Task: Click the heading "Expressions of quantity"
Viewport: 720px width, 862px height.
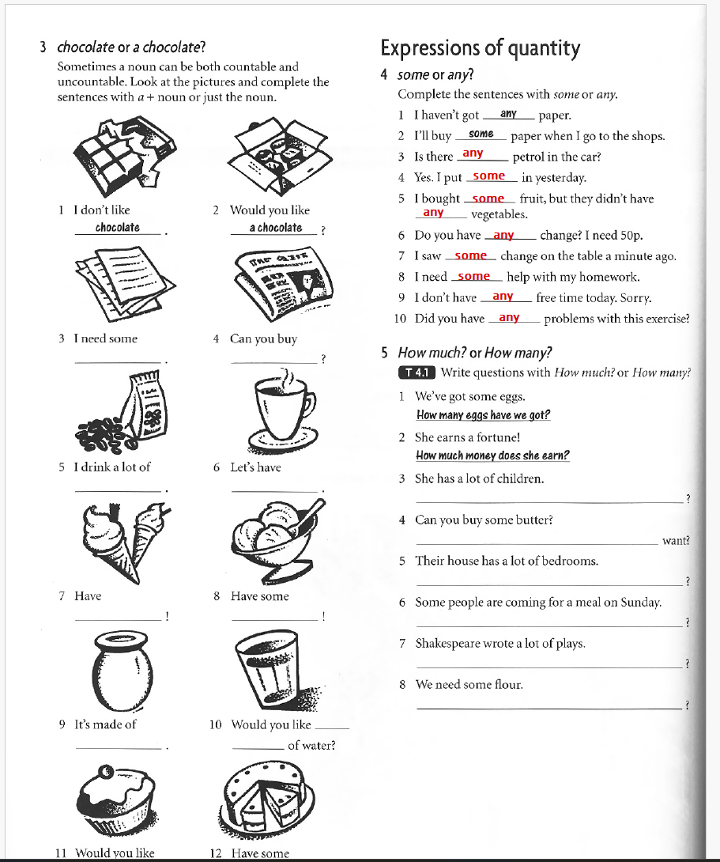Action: (480, 49)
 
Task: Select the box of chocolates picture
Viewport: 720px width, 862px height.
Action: (277, 156)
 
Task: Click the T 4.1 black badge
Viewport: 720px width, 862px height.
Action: (417, 372)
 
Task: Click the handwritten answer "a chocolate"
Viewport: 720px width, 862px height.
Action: (275, 228)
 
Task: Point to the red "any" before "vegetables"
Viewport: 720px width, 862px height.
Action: (433, 213)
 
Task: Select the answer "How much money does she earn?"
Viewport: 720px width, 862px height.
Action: (492, 456)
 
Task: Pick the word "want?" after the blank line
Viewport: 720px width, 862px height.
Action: (676, 541)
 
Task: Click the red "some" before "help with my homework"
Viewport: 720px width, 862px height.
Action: (474, 276)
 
